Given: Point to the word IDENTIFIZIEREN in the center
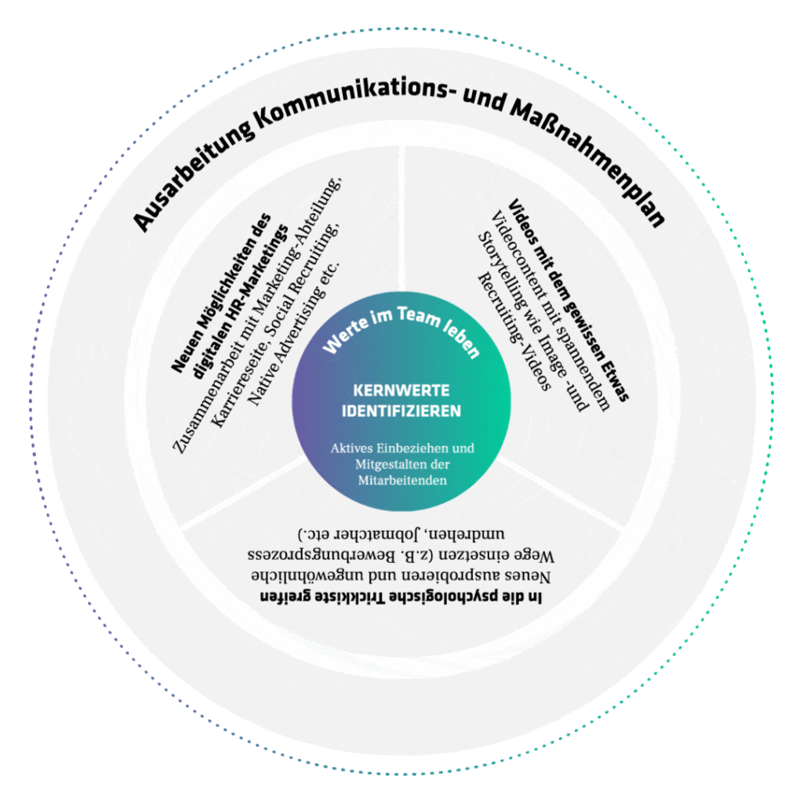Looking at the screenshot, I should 401,411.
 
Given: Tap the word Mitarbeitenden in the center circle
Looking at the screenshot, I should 401,480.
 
